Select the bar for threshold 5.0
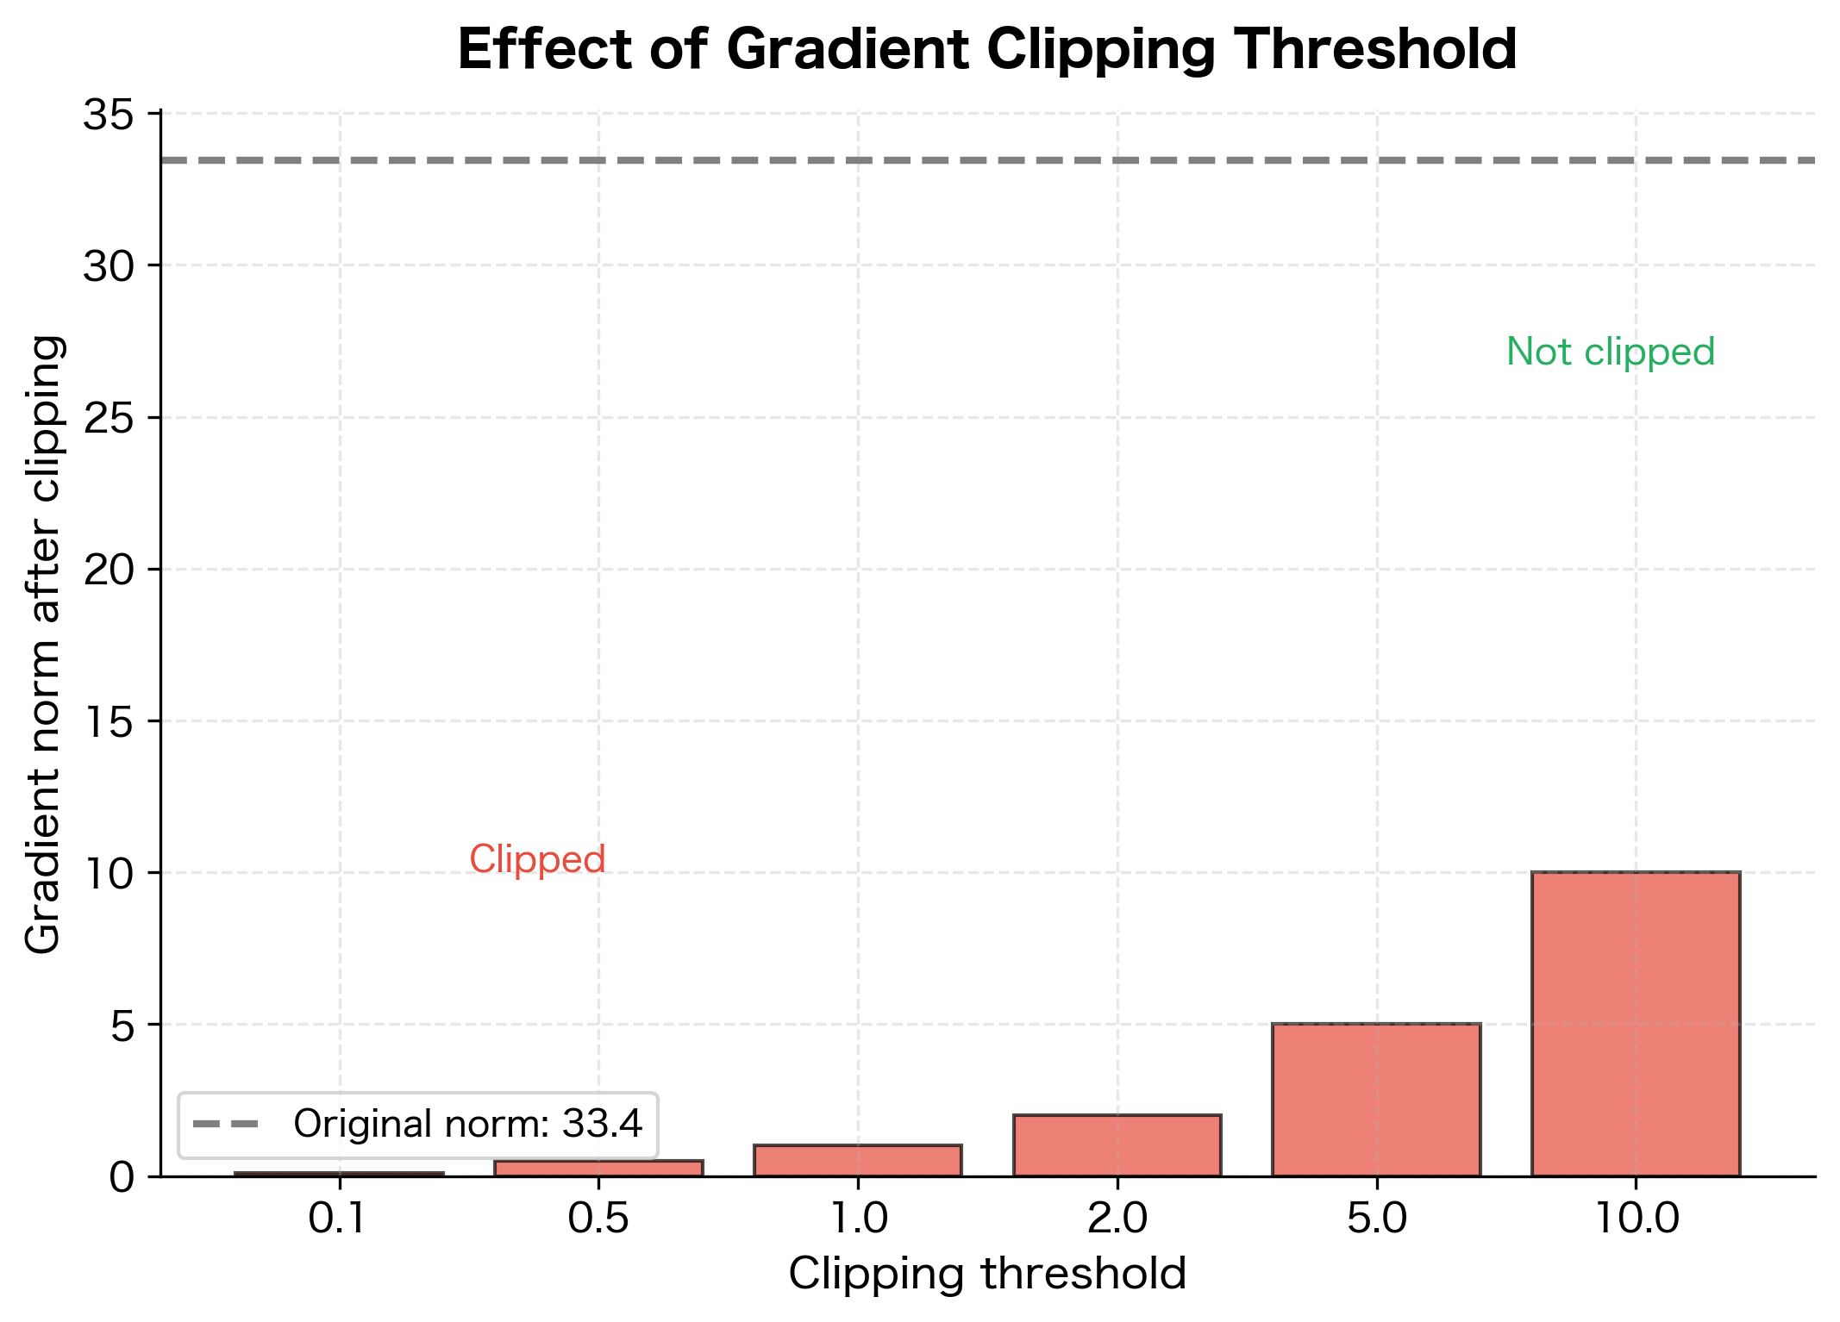[x=1376, y=1100]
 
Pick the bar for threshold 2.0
[x=1117, y=1145]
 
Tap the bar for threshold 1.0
[x=858, y=1161]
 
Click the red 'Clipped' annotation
[x=537, y=859]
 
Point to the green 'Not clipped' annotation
[x=1610, y=352]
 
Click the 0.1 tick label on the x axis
[x=339, y=1219]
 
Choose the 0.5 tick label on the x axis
[x=598, y=1219]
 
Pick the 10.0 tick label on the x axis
[x=1637, y=1219]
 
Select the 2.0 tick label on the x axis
[x=1117, y=1219]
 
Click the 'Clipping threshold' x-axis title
[x=987, y=1274]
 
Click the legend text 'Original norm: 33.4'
[x=467, y=1124]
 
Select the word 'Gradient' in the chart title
[x=849, y=49]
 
